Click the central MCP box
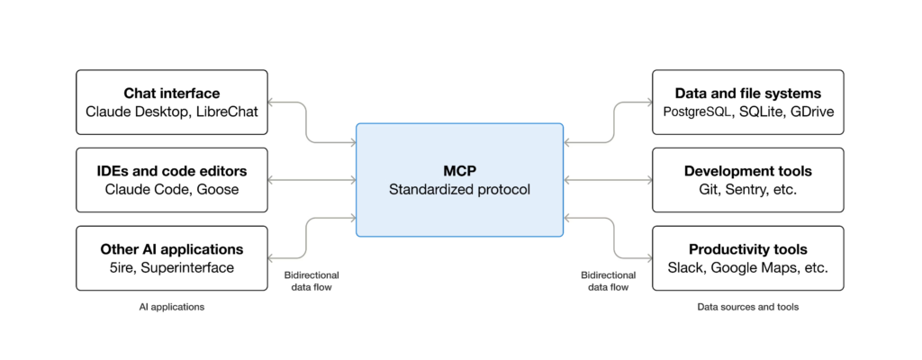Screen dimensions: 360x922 459,180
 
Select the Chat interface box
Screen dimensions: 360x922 171,102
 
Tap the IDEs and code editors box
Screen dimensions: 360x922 171,180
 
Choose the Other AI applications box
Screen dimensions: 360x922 171,258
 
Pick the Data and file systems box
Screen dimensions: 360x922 747,102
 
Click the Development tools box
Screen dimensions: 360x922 747,180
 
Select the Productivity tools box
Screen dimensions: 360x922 747,258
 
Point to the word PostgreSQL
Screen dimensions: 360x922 692,112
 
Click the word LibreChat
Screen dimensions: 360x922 226,112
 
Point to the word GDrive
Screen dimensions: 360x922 812,112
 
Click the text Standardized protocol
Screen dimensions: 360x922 459,190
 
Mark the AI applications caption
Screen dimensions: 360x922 171,307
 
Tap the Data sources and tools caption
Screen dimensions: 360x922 747,307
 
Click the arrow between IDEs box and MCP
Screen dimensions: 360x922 312,180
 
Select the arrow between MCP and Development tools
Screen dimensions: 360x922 607,180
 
